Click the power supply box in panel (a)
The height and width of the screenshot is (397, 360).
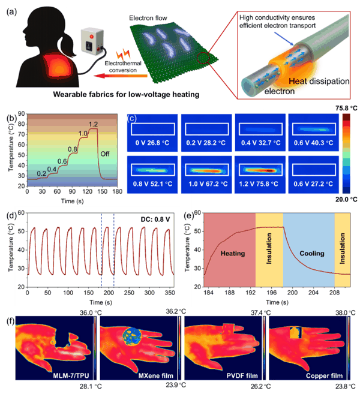tap(92, 42)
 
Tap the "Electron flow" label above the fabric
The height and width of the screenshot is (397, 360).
tap(148, 18)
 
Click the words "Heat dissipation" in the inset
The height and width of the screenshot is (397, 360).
tap(319, 82)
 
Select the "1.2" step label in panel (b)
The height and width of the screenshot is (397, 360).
tap(93, 124)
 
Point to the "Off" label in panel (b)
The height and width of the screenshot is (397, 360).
tap(105, 154)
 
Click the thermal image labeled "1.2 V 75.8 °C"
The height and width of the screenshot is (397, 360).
tap(260, 175)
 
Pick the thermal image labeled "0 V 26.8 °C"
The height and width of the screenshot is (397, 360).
tap(152, 133)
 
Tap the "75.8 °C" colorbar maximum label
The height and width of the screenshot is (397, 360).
tap(346, 109)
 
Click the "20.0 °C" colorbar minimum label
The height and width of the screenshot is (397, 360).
tap(346, 200)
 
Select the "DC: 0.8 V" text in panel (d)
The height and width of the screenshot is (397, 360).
tap(155, 219)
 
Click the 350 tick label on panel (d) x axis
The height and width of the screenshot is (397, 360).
tap(170, 293)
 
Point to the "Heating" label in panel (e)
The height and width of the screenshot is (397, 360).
tap(233, 253)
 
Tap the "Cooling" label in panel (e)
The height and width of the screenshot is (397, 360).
tap(312, 253)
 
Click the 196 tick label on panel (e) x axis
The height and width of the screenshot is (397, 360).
tap(271, 293)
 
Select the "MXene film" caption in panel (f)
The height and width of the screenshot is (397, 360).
tap(156, 375)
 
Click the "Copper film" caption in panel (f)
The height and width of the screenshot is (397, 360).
tap(324, 375)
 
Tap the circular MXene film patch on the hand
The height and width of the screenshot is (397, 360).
tap(132, 336)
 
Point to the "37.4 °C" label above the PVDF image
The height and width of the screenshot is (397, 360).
tap(260, 313)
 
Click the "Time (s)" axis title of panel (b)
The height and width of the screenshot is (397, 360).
tap(72, 201)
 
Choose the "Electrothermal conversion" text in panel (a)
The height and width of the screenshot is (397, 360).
tap(123, 67)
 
